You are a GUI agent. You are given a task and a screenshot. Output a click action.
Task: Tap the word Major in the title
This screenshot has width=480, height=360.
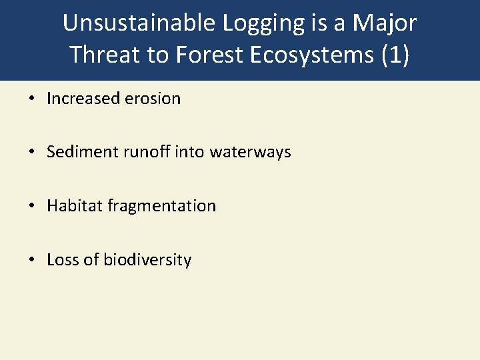[x=385, y=23]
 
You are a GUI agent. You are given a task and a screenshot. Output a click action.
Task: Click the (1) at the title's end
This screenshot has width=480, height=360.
[x=396, y=55]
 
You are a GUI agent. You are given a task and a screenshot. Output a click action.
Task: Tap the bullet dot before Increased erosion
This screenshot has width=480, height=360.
[x=31, y=99]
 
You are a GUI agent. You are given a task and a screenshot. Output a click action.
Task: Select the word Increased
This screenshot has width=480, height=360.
[x=83, y=99]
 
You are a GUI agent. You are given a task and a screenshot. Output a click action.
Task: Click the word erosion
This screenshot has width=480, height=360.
[x=153, y=99]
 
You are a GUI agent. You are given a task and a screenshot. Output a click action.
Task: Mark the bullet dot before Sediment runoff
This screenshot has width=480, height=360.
[x=31, y=152]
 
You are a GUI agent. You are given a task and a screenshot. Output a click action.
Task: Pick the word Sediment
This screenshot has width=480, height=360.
[x=83, y=152]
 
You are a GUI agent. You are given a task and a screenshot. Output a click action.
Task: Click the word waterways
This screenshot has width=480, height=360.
[x=250, y=152]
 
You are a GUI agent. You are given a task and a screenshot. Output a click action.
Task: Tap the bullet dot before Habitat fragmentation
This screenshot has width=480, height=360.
[x=31, y=206]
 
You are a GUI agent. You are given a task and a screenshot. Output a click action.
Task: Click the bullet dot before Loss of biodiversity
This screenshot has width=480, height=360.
[x=31, y=260]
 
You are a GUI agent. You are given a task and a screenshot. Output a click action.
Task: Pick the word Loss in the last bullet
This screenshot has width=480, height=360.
[x=62, y=260]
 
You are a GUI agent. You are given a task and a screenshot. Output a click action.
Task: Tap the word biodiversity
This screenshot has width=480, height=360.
[x=147, y=260]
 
